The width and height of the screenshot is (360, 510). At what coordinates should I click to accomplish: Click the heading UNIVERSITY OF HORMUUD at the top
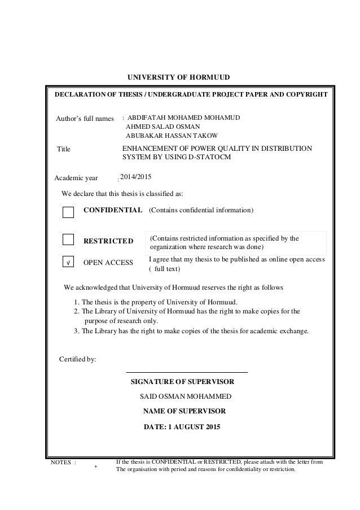pos(180,77)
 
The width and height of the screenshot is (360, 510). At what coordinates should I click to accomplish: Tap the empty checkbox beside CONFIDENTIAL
pos(68,212)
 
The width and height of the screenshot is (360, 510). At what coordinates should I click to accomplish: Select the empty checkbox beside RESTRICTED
pos(68,239)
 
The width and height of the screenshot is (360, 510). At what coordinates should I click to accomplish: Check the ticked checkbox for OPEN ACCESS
pos(68,263)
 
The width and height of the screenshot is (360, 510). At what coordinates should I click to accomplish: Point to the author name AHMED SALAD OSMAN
pos(159,127)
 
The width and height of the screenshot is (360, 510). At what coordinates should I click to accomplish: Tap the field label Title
pos(64,150)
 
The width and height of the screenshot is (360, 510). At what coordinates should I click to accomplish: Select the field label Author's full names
pos(85,119)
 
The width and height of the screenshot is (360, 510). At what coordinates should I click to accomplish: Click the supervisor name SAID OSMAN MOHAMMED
pos(185,396)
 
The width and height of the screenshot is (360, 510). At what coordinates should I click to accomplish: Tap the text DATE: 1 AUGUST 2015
pos(183,426)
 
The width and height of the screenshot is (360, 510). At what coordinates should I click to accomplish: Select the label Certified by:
pos(78,359)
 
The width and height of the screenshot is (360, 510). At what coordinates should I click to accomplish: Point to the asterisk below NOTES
pos(96,468)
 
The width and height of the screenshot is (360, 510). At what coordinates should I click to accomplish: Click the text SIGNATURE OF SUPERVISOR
pos(182,382)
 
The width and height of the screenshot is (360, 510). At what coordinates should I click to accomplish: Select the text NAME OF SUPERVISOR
pos(185,411)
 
